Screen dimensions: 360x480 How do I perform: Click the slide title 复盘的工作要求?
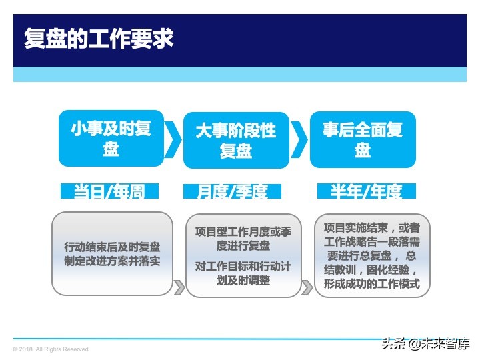click(99, 38)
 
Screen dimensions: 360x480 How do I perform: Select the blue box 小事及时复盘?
click(111, 138)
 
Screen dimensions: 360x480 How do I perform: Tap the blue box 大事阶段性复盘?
click(235, 139)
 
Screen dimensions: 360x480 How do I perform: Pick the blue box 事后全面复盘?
click(362, 138)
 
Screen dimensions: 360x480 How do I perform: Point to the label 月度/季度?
click(232, 191)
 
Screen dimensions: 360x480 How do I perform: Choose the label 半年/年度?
click(366, 191)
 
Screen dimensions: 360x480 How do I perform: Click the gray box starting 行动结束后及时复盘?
click(112, 253)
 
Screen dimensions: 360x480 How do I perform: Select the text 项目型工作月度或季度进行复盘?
click(243, 239)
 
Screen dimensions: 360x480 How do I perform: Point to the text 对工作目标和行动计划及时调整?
click(243, 274)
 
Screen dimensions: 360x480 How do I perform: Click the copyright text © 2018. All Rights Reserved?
click(51, 349)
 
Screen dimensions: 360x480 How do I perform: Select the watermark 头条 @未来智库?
click(425, 344)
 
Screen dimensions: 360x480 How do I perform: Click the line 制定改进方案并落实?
click(112, 262)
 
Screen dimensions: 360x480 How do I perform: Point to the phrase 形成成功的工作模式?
click(372, 284)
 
